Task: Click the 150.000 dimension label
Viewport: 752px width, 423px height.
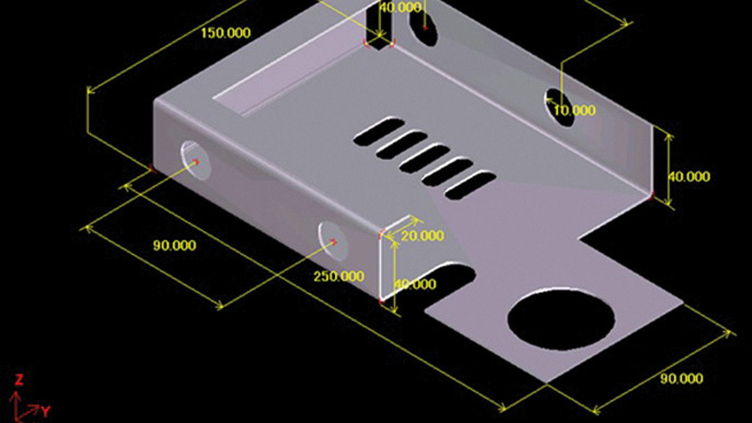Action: (226, 33)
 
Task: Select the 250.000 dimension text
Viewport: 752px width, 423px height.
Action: (339, 277)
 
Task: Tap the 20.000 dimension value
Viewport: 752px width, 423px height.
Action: (423, 236)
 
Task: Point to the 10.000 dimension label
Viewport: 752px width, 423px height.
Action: (575, 111)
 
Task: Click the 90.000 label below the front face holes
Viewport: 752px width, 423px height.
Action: (175, 246)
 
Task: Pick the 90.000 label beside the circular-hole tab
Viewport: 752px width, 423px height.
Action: (681, 379)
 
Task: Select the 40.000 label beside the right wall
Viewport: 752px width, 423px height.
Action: (689, 177)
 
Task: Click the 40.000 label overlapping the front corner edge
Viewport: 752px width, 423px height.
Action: (416, 284)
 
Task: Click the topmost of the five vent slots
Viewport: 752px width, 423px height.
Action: (379, 132)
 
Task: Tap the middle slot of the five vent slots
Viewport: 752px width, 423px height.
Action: (424, 159)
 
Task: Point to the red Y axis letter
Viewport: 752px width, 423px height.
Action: (46, 412)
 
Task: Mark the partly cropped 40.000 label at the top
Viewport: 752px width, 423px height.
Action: (400, 8)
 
